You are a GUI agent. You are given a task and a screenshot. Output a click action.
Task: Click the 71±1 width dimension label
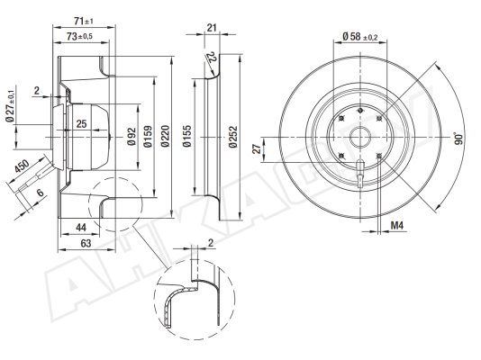[x=84, y=21]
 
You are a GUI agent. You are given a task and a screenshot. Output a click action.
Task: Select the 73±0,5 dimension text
[x=79, y=37]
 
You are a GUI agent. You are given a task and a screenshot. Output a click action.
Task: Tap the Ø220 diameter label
[x=166, y=136]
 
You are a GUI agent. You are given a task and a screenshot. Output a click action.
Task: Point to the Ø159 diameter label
[x=148, y=136]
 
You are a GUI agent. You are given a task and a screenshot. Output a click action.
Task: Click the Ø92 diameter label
[x=132, y=137]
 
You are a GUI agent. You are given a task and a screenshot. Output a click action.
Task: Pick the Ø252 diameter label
[x=233, y=137]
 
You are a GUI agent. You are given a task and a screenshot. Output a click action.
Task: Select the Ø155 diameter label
[x=186, y=136]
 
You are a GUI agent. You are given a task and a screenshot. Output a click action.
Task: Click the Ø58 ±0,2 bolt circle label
[x=359, y=37]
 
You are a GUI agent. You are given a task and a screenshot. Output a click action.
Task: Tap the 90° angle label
[x=458, y=139]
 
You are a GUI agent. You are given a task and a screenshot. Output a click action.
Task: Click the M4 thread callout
[x=397, y=226]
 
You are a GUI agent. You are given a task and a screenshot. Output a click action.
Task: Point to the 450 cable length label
[x=23, y=166]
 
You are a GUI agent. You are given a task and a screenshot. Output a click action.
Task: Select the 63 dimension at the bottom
[x=86, y=243]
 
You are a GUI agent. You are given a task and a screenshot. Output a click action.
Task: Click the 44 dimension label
[x=81, y=228]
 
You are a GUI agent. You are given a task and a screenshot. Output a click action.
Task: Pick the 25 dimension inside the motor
[x=81, y=124]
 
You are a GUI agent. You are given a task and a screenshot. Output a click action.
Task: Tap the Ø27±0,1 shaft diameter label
[x=10, y=106]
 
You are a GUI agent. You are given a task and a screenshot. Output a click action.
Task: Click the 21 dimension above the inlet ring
[x=212, y=28]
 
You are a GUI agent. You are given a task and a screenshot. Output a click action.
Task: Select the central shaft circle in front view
[x=360, y=137]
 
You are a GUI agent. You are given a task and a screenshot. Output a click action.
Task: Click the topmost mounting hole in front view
[x=360, y=110]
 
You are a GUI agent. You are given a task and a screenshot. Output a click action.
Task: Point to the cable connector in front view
[x=360, y=173]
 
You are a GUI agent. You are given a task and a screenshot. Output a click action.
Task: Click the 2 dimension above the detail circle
[x=211, y=243]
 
